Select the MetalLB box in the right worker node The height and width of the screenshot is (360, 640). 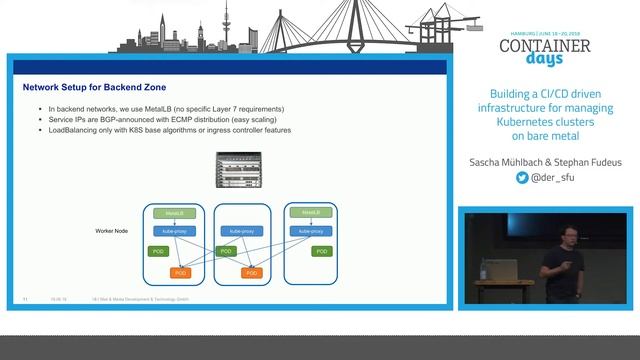click(310, 213)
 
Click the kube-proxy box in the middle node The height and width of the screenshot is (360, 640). click(243, 231)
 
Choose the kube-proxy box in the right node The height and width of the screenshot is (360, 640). click(310, 231)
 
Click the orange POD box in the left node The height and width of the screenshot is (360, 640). click(181, 272)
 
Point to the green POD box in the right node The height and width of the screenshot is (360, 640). click(321, 251)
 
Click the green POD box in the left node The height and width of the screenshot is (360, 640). click(157, 251)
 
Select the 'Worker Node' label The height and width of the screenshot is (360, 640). click(111, 231)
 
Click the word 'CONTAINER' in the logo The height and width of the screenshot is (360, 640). click(544, 46)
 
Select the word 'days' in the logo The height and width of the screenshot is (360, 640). click(545, 63)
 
